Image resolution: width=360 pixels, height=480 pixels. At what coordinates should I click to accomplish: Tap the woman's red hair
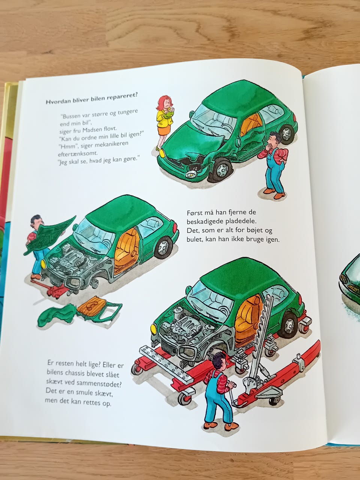[x=164, y=102]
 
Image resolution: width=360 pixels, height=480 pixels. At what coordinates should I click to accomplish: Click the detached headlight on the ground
[x=191, y=174]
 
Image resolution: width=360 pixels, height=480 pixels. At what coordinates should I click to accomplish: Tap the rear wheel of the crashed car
[x=286, y=134]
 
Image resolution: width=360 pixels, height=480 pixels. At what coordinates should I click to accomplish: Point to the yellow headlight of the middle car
[x=43, y=264]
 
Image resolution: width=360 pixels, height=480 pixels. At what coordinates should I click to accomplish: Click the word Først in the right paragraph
[x=194, y=212]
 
